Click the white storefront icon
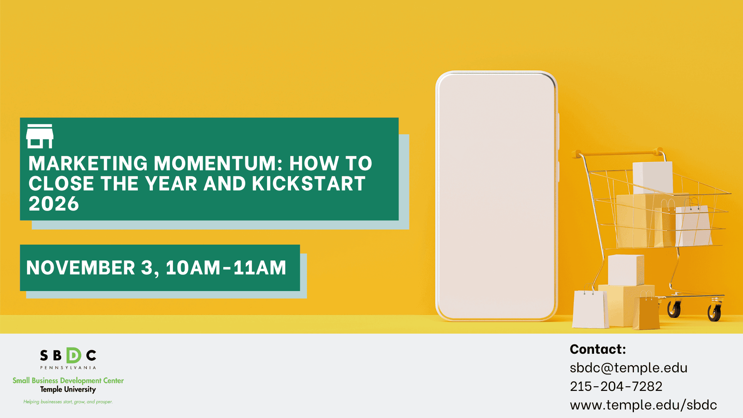(39, 136)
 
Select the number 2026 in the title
(54, 204)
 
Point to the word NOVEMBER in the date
(80, 268)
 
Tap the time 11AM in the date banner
(260, 268)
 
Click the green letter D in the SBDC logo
(74, 355)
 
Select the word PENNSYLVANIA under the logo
(68, 368)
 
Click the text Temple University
(68, 389)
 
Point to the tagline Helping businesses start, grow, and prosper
(68, 402)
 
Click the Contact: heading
(597, 349)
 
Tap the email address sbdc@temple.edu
(628, 368)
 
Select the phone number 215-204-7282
(616, 386)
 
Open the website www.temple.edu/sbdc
(643, 405)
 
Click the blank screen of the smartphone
(496, 195)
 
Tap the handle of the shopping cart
(619, 152)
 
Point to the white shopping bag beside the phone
(589, 309)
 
